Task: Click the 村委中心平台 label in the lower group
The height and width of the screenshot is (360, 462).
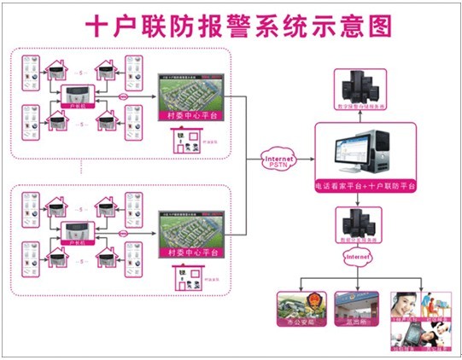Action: click(x=191, y=253)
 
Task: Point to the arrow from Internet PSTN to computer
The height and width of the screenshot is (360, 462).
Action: click(x=302, y=160)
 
